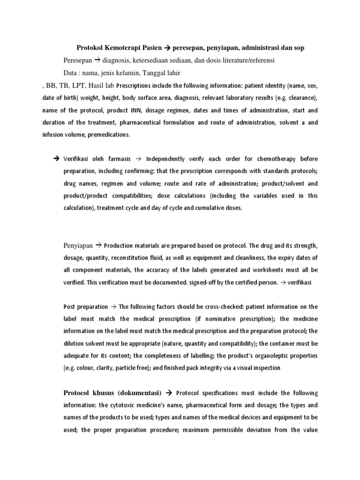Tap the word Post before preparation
coord(69,307)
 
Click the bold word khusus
coord(105,392)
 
